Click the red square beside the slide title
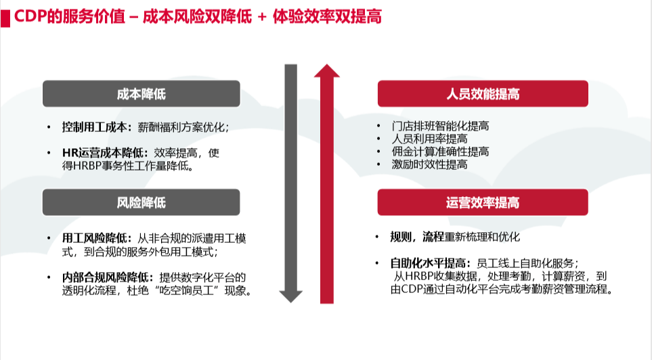[x=5, y=18]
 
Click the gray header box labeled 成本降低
[x=142, y=94]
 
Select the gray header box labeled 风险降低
[x=142, y=202]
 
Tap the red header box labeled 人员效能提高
[x=483, y=94]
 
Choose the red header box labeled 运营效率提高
[x=483, y=202]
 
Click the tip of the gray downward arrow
[x=290, y=302]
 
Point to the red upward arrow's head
[x=327, y=70]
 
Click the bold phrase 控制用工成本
[x=94, y=127]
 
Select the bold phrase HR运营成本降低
[x=103, y=153]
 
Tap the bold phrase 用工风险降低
[x=94, y=238]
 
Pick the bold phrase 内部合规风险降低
[x=106, y=277]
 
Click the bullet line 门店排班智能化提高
[x=440, y=126]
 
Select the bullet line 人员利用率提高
[x=429, y=139]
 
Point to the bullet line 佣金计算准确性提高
[x=440, y=152]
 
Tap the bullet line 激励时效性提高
[x=429, y=164]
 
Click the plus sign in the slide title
[x=261, y=18]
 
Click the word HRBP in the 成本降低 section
[x=88, y=166]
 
